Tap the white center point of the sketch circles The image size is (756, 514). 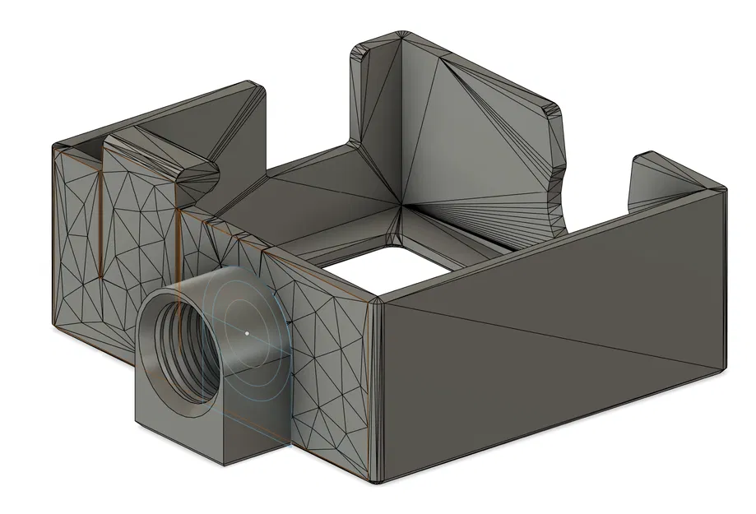247,333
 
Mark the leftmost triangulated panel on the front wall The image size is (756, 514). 78,247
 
